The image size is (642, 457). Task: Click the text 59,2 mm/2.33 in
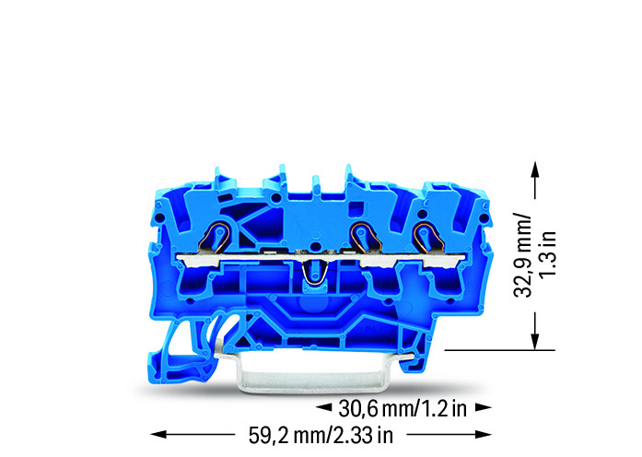321,433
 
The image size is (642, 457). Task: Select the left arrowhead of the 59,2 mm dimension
157,433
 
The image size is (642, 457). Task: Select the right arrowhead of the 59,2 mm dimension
485,433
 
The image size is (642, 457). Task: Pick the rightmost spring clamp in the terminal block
426,238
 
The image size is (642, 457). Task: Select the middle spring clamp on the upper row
362,238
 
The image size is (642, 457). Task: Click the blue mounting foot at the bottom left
185,355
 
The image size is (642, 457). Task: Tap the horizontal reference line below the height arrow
497,350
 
